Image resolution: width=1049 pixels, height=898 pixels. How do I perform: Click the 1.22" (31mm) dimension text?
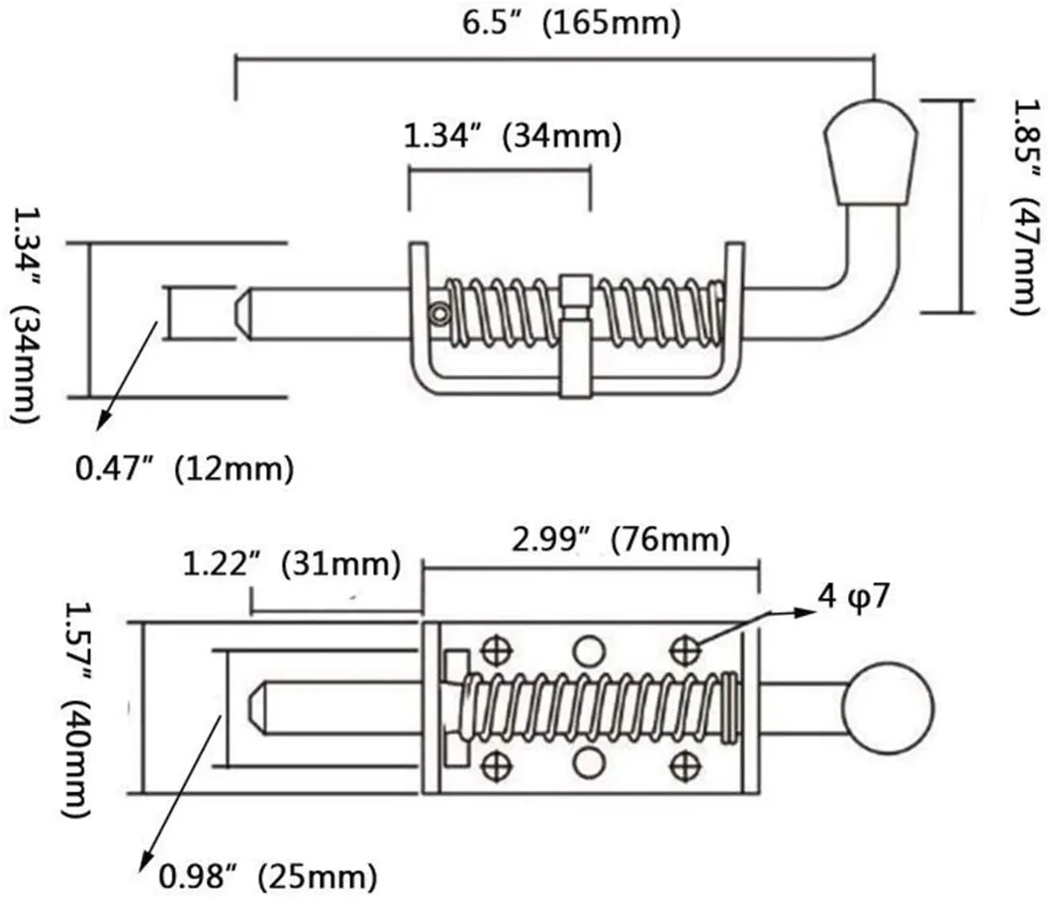coord(292,566)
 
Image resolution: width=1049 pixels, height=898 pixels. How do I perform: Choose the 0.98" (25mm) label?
coord(268,875)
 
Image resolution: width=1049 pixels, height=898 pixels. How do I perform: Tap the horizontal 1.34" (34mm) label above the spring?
coord(512,138)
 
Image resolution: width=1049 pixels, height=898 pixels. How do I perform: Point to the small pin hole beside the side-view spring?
coord(436,313)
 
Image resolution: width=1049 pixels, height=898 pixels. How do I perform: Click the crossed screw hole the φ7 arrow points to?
coord(683,649)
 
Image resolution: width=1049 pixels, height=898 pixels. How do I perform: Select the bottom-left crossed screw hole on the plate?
coord(492,763)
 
